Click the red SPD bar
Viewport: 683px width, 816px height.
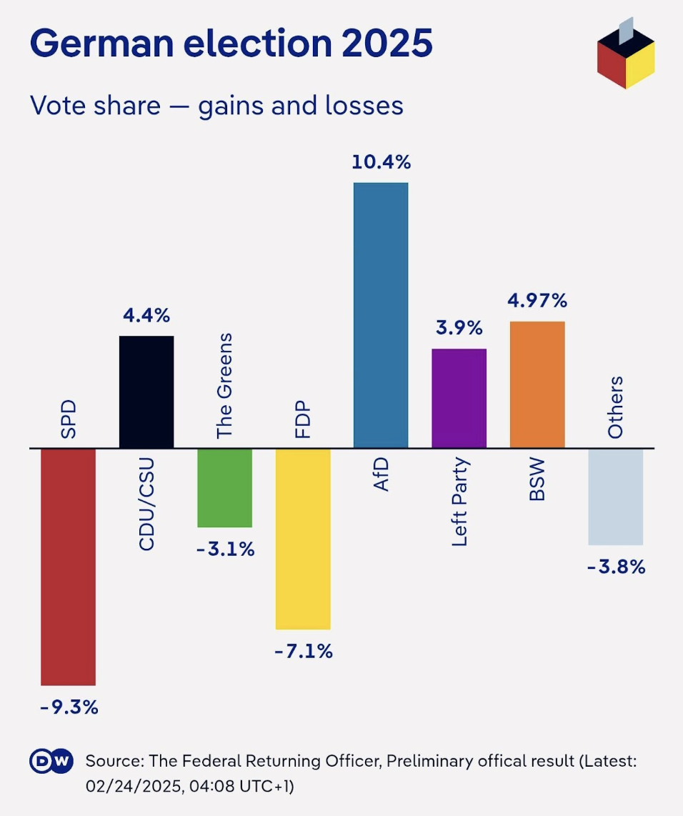click(x=68, y=567)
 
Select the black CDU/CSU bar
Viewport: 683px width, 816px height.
click(x=146, y=392)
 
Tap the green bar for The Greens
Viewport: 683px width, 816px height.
click(x=224, y=488)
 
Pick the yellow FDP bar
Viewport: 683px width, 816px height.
click(x=303, y=539)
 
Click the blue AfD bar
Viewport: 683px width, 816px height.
click(x=381, y=316)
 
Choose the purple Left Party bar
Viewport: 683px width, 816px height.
click(x=459, y=399)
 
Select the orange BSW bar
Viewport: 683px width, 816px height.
click(x=537, y=385)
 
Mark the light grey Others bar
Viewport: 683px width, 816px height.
click(x=615, y=497)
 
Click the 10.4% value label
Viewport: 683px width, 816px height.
click(x=381, y=162)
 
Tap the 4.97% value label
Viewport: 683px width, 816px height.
click(x=537, y=301)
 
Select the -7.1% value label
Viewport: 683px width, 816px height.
click(x=303, y=651)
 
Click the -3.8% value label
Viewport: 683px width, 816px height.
click(x=616, y=567)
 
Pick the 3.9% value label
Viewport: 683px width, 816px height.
click(x=459, y=328)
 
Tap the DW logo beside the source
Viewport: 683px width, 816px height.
click(x=51, y=762)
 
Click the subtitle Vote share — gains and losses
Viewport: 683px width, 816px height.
click(x=216, y=106)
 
